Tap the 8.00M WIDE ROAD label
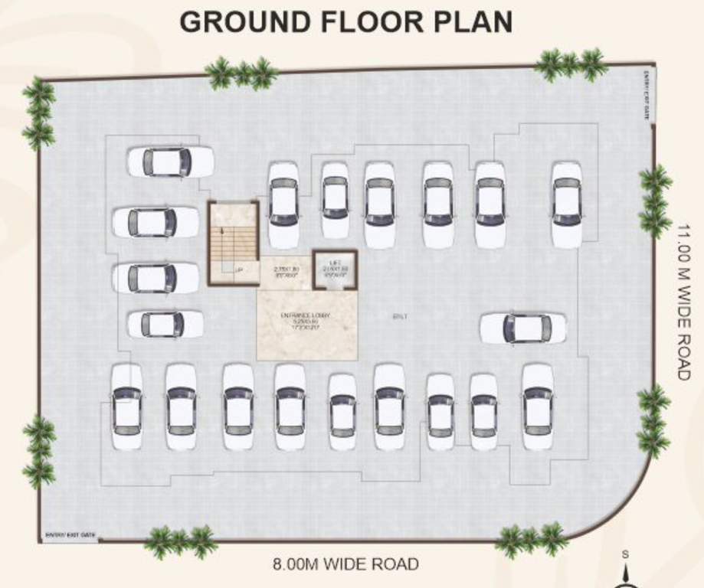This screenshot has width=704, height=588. click(x=345, y=565)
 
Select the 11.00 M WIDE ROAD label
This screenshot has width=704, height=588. click(x=684, y=302)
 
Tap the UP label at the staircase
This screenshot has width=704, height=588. click(x=239, y=270)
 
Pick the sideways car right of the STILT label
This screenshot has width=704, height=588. click(x=522, y=328)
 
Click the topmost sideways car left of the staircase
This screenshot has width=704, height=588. click(x=169, y=162)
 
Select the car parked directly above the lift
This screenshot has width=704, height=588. click(x=335, y=199)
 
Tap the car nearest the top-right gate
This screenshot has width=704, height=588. click(x=566, y=204)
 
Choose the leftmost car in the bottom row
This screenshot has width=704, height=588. click(x=126, y=407)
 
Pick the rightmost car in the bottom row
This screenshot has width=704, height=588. click(x=537, y=407)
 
